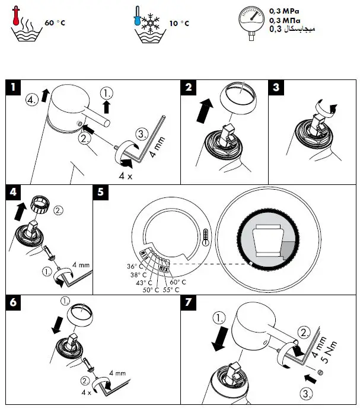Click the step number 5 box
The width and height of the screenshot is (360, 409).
point(101,192)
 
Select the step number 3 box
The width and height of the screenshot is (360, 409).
point(276,88)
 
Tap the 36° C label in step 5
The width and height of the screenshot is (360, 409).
point(135,266)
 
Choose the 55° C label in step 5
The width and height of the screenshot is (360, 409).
point(171,289)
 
